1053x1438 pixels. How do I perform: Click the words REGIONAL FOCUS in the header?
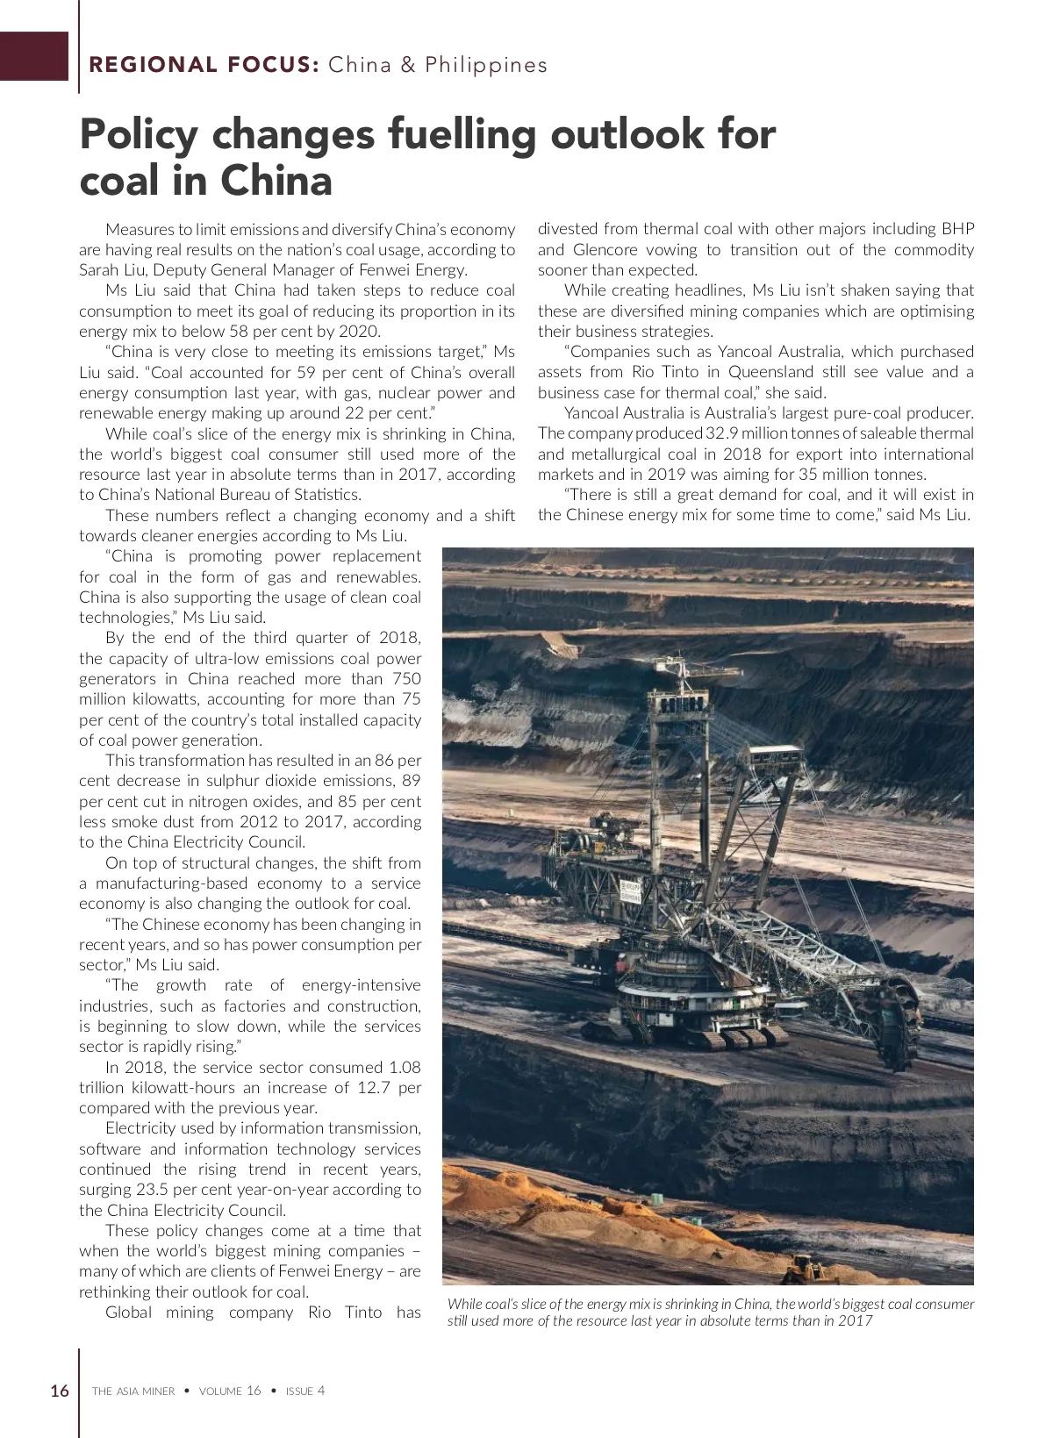pos(203,65)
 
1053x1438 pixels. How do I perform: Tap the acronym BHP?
pos(957,229)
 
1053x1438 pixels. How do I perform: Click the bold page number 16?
pos(60,1391)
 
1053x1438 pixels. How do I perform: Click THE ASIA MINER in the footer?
pos(133,1391)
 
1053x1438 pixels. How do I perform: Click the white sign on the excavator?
pos(630,892)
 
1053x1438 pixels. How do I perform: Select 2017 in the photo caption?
pos(856,1320)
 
